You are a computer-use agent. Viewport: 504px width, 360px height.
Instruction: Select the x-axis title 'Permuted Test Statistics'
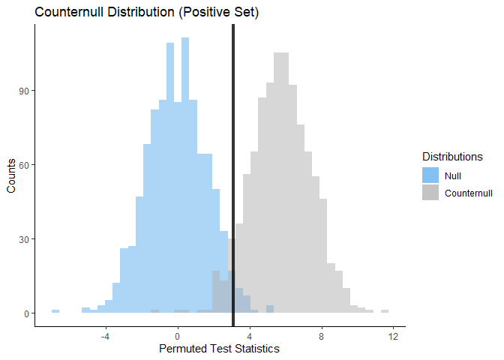point(219,349)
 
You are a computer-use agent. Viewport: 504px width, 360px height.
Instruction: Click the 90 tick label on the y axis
point(22,91)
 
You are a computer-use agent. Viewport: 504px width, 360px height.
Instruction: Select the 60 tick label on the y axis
point(22,165)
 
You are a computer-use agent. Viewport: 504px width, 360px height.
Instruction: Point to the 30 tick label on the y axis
point(22,239)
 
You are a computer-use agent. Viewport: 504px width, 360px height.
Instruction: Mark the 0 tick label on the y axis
point(25,313)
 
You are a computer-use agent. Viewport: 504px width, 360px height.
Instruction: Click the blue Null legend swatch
point(430,175)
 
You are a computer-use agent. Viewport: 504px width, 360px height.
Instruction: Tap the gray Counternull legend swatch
point(430,193)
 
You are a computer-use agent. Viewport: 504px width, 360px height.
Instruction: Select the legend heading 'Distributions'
point(452,157)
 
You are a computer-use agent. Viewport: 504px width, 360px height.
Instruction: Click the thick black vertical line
point(233,150)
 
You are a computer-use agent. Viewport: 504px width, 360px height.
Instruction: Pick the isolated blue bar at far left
point(55,311)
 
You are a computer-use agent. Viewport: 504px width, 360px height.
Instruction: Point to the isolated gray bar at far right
point(385,311)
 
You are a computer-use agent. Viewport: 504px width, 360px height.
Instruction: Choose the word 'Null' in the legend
point(453,175)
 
